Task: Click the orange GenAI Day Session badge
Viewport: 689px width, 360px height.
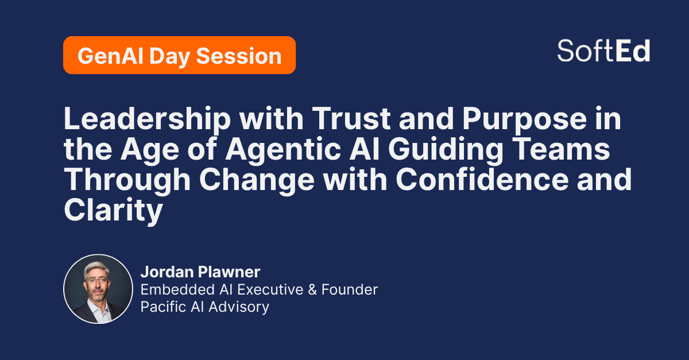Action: pos(179,55)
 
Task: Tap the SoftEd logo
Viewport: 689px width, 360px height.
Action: pos(603,51)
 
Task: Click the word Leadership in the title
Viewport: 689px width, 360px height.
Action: pos(148,119)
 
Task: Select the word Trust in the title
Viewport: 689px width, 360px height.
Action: pos(351,119)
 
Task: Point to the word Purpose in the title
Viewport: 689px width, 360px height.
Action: pos(525,120)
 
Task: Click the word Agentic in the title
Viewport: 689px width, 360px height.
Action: pos(283,149)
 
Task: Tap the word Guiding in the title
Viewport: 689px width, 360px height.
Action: pos(446,149)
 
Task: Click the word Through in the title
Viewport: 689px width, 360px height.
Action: pos(127,180)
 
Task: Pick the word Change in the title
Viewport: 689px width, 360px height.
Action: pos(257,180)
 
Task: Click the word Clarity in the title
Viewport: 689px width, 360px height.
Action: pos(113,211)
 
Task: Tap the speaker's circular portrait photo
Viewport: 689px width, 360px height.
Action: pos(98,289)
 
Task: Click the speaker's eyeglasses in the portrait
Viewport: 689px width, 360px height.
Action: pos(97,280)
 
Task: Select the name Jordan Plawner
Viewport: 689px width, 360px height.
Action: pos(200,272)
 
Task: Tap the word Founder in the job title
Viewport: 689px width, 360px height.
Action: pos(350,289)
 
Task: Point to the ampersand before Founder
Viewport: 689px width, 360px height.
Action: pos(312,289)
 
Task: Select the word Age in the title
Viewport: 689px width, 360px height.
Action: pos(150,150)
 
